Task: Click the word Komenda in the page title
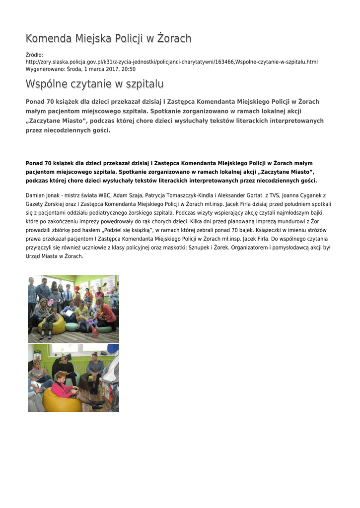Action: [48, 39]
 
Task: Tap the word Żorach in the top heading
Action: [174, 39]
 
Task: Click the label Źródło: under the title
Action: [34, 55]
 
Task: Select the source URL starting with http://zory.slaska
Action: [171, 62]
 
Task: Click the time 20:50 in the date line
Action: [128, 69]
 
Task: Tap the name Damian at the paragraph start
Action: [35, 196]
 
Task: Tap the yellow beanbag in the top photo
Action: [52, 325]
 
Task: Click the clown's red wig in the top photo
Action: [77, 289]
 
